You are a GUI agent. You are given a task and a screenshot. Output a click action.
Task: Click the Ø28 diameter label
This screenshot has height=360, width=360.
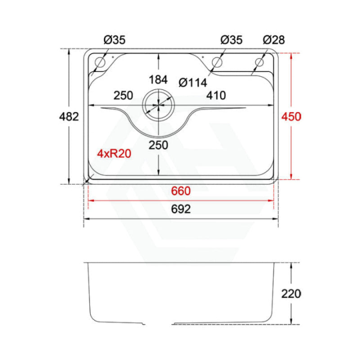point(273,40)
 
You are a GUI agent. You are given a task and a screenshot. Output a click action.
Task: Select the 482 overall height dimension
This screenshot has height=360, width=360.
point(69,117)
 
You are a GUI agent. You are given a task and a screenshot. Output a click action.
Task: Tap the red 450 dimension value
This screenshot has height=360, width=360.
point(291,117)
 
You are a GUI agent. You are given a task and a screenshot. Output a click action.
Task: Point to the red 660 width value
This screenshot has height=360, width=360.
point(181,191)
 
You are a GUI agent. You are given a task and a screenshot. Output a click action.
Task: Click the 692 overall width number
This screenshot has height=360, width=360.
point(181,209)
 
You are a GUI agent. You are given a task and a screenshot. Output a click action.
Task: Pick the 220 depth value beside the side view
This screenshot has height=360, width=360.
point(291,294)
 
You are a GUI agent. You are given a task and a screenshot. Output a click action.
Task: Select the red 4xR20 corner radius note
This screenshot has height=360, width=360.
point(114,153)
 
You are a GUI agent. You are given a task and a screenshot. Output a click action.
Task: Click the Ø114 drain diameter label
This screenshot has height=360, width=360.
point(192,83)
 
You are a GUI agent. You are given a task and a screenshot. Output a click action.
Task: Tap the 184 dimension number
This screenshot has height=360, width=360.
point(158,80)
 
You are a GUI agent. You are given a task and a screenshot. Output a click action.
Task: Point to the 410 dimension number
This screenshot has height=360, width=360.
point(216,95)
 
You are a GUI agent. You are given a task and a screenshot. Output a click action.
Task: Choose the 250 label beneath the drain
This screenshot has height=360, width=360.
point(158,145)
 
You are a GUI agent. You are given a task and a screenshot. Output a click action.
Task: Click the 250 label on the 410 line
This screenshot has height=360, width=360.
point(123,95)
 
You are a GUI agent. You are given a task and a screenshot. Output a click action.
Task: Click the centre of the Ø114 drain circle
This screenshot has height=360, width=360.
point(158,104)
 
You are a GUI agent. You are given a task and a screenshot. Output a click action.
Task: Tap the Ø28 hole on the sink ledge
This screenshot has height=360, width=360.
point(259,62)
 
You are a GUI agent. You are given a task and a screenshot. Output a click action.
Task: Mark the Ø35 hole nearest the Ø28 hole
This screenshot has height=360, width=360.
point(217,62)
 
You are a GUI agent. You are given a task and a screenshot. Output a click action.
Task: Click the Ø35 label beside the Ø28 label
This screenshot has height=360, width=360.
point(231,40)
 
